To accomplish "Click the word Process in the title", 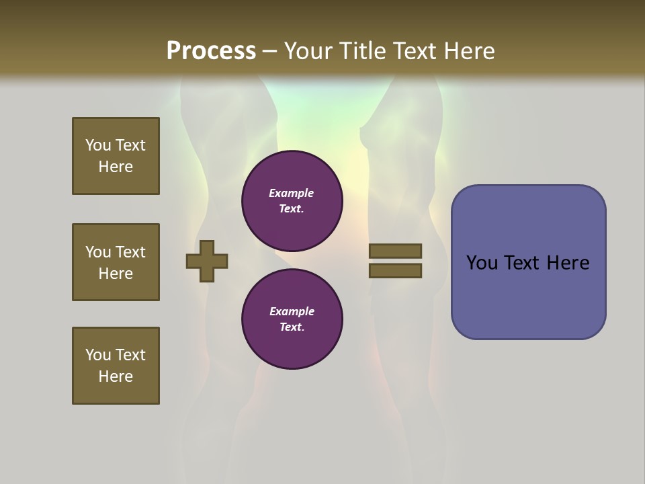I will (x=211, y=51).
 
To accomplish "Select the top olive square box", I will (x=116, y=156).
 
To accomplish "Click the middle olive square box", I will (x=116, y=262).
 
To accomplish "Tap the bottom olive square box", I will (x=116, y=366).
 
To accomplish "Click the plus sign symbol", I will (x=207, y=261).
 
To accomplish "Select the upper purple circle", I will (x=292, y=201).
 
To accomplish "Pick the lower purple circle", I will (x=292, y=319).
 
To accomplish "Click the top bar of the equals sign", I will (x=395, y=251).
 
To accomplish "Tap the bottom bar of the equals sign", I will (x=395, y=271).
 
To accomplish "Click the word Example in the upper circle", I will (x=291, y=193).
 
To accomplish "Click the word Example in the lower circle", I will (x=292, y=311).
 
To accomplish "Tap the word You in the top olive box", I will (x=97, y=145).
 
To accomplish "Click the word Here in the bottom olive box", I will (x=116, y=376).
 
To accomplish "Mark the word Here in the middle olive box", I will (x=116, y=274).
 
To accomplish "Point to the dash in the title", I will (x=269, y=51).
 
